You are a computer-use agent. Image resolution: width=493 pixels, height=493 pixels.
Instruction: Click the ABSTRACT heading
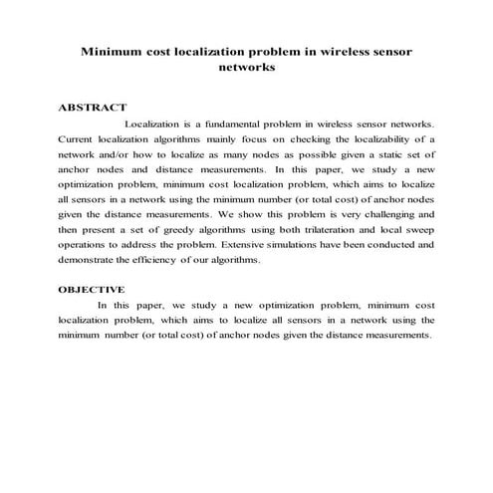(x=92, y=107)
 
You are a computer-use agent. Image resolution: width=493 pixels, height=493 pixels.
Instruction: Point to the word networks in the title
(x=246, y=69)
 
